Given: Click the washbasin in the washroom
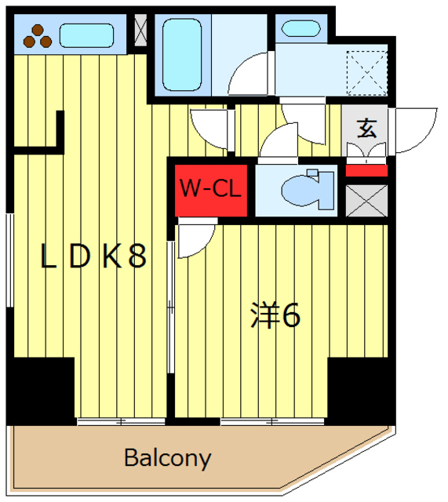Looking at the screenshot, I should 300,29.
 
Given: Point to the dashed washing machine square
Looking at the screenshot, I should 367,72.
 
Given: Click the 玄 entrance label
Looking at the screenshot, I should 366,127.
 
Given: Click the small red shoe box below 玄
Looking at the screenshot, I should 366,170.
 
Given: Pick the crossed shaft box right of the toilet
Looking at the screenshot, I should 366,200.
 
